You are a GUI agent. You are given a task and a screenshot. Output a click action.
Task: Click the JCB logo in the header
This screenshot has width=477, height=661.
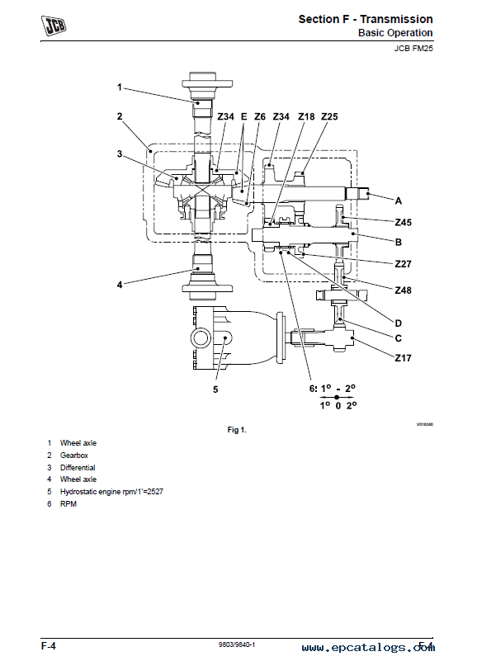click(x=54, y=26)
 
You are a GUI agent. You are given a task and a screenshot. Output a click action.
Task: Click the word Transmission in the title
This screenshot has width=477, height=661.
click(x=396, y=19)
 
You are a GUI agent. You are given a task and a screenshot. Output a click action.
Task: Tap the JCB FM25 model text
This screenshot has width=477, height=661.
click(x=413, y=48)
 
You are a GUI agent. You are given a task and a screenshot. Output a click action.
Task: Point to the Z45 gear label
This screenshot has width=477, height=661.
click(x=404, y=222)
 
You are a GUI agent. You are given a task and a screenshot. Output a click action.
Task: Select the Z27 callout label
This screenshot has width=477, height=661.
click(x=404, y=264)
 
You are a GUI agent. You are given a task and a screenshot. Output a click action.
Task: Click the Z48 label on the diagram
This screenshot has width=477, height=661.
click(x=404, y=290)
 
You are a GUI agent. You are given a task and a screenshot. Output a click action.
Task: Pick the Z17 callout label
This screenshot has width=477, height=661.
click(x=404, y=358)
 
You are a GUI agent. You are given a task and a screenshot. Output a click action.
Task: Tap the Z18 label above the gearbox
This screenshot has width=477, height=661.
click(x=306, y=116)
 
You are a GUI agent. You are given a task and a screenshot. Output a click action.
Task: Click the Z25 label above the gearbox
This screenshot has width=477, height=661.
click(x=329, y=116)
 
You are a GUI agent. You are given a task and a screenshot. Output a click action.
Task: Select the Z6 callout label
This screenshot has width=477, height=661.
click(x=260, y=116)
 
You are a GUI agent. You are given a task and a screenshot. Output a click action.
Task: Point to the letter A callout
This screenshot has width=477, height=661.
click(x=398, y=201)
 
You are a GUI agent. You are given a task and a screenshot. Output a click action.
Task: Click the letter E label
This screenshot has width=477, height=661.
click(x=243, y=116)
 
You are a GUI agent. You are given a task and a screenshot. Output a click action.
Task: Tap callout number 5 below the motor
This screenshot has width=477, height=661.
click(x=215, y=390)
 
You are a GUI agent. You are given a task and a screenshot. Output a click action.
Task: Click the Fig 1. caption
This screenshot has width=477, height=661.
click(x=237, y=430)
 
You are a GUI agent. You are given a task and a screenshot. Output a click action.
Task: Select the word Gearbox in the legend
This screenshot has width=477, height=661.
click(x=74, y=456)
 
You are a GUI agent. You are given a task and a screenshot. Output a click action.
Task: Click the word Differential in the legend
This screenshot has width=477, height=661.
click(x=78, y=468)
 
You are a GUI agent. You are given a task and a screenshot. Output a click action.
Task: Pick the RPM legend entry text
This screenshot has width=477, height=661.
click(x=68, y=503)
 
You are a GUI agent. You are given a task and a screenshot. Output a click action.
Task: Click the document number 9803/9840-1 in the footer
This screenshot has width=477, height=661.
click(x=237, y=644)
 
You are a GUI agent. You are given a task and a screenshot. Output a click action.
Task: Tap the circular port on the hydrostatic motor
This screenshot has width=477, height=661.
click(x=201, y=338)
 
